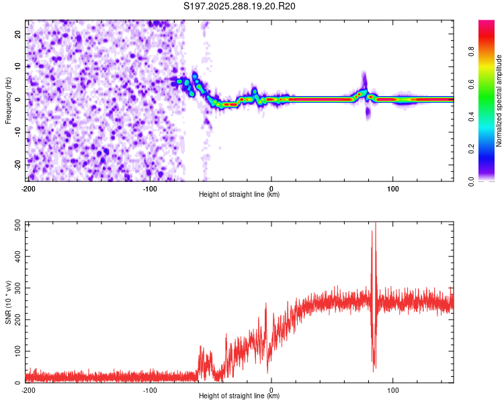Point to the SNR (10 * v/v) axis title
click(x=8, y=302)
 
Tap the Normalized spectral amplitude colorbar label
click(x=499, y=101)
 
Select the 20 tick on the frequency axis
click(x=18, y=34)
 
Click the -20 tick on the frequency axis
click(x=17, y=165)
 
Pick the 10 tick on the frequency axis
click(x=18, y=66)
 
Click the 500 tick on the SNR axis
click(x=16, y=225)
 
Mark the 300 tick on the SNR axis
click(x=16, y=288)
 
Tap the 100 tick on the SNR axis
click(x=16, y=351)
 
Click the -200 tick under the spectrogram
click(x=28, y=189)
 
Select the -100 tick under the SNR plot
click(x=150, y=390)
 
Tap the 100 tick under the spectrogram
click(x=393, y=189)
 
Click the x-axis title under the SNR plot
click(x=240, y=397)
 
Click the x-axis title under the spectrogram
click(x=240, y=195)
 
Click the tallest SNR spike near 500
click(x=375, y=224)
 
